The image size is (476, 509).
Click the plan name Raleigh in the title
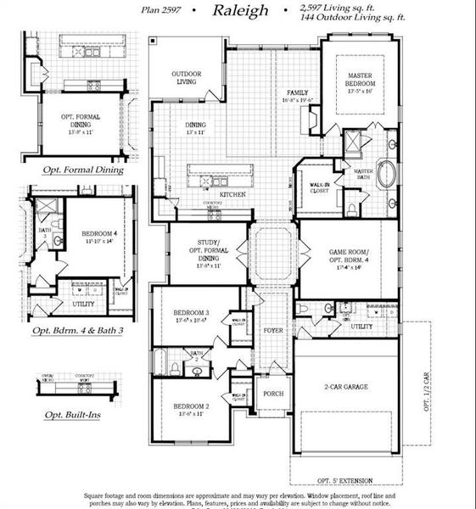241,11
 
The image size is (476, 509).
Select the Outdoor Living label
185,77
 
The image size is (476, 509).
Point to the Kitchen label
232,194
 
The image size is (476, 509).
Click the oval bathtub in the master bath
386,174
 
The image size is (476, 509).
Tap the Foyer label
272,330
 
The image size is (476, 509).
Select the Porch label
272,394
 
